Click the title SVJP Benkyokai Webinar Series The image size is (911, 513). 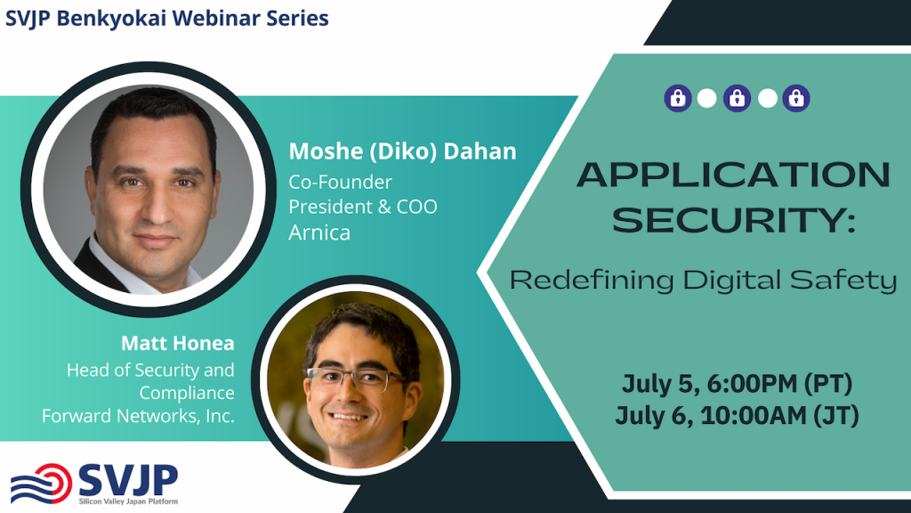click(x=166, y=19)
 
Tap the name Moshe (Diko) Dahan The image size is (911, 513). click(x=403, y=151)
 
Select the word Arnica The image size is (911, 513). click(x=319, y=232)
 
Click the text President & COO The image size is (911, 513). click(x=363, y=207)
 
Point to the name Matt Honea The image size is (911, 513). click(x=178, y=343)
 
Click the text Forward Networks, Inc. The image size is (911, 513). click(x=138, y=416)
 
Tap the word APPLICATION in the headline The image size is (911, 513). click(x=733, y=174)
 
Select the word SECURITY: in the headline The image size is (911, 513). click(x=734, y=220)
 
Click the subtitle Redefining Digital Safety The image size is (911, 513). click(x=703, y=281)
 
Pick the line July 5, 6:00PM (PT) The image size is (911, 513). click(x=737, y=384)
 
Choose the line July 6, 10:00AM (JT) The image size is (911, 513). click(x=737, y=416)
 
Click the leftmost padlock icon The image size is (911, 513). click(x=678, y=98)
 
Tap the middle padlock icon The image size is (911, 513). click(x=737, y=98)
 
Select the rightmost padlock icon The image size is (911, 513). click(x=796, y=98)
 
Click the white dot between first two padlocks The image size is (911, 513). click(x=706, y=98)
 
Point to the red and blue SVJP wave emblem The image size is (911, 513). click(x=41, y=483)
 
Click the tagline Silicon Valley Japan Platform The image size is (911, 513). click(x=128, y=501)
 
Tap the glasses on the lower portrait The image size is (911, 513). click(x=356, y=379)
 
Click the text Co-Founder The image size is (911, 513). click(x=341, y=182)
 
